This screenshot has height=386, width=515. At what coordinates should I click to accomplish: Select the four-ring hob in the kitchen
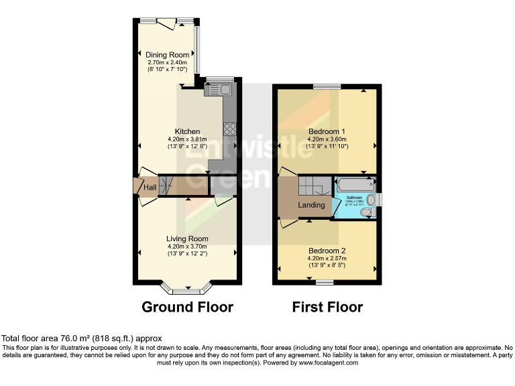pyautogui.click(x=230, y=130)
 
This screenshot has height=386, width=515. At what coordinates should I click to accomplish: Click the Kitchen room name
pyautogui.click(x=187, y=131)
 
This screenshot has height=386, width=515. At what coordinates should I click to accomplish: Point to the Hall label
pyautogui.click(x=150, y=188)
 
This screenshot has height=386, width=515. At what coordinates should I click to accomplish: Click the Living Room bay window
pyautogui.click(x=187, y=290)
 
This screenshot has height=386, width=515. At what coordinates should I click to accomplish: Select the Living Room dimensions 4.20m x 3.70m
pyautogui.click(x=187, y=247)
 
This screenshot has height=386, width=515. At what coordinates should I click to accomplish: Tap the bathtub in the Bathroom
pyautogui.click(x=355, y=184)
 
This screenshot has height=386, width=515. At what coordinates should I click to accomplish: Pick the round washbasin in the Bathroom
pyautogui.click(x=371, y=199)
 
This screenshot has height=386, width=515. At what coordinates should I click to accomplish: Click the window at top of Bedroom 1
pyautogui.click(x=327, y=86)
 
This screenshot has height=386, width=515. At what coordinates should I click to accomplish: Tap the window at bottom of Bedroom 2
pyautogui.click(x=325, y=283)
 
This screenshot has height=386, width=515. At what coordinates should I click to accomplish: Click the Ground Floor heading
pyautogui.click(x=187, y=308)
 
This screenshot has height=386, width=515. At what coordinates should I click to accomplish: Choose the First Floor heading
pyautogui.click(x=327, y=308)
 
